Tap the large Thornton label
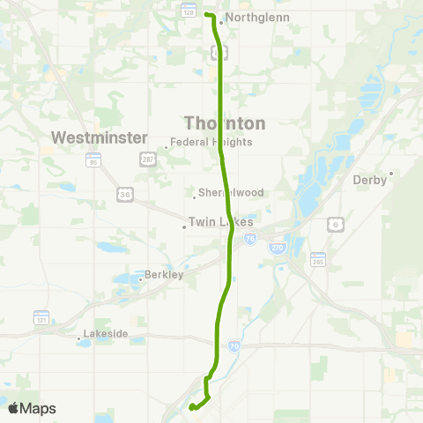224,122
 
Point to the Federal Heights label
211,142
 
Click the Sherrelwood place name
229,192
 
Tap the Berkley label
165,275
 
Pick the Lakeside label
106,335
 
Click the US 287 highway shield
146,159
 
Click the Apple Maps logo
32,409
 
